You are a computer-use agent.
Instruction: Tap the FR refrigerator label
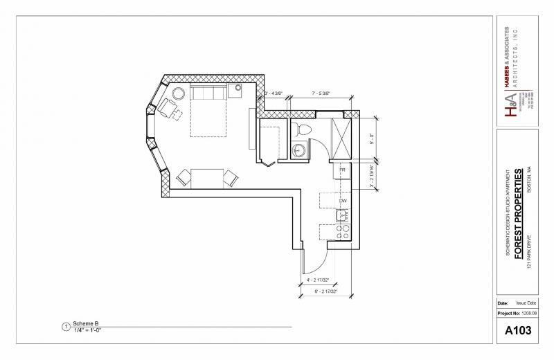(342, 170)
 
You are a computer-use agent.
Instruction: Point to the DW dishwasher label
(342, 201)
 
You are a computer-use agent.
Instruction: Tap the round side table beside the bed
(179, 93)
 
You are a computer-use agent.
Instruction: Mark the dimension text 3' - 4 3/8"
(276, 93)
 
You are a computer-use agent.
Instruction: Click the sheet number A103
(518, 331)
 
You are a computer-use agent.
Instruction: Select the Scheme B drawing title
(86, 324)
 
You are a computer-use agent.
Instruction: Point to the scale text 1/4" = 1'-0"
(88, 330)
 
